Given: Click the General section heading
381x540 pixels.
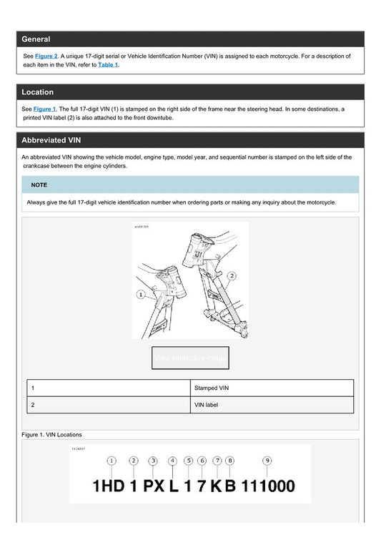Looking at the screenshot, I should [x=36, y=39].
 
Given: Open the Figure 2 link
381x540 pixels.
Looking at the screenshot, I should [x=46, y=55].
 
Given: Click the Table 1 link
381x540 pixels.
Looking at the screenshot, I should [x=109, y=65].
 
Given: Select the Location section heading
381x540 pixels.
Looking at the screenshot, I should [x=37, y=92].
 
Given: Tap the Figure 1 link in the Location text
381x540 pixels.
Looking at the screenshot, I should [x=44, y=109].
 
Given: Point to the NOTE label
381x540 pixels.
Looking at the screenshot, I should [x=39, y=185].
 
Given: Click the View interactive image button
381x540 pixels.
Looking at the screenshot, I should [x=190, y=358].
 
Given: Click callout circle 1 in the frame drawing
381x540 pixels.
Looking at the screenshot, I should [x=142, y=294].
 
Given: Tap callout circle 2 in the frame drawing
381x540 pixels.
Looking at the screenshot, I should [x=232, y=275].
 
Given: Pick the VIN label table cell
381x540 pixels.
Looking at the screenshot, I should [x=206, y=405].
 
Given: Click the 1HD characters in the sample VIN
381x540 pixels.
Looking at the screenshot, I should [x=108, y=487].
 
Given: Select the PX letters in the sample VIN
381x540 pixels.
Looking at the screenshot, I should [x=154, y=487].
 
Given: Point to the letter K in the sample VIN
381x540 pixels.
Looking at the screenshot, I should [x=216, y=487].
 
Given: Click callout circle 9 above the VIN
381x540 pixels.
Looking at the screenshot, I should [x=267, y=461].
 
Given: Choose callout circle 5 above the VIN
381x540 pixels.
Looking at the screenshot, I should [x=188, y=461].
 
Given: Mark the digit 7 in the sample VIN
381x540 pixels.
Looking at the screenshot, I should [x=202, y=487].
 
